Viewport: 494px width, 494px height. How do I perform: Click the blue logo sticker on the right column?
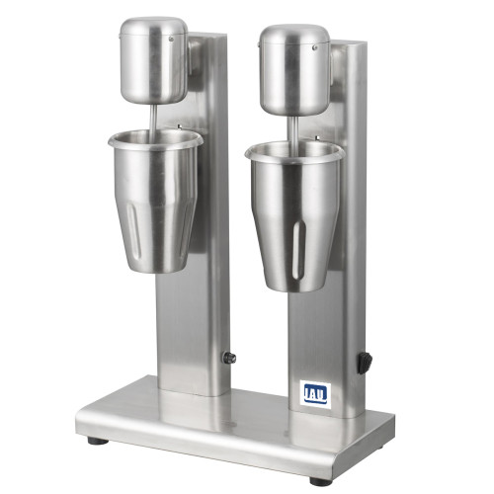coord(315,394)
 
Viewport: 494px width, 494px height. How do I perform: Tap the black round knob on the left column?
coord(229,358)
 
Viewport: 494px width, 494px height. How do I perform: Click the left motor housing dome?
coord(154,60)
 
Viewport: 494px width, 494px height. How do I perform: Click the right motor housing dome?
coord(294,70)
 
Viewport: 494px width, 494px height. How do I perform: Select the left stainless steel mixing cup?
coord(155,201)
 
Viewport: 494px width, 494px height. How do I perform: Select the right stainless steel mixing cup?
coord(294,215)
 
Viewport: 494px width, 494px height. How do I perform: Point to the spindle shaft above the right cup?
coord(293,131)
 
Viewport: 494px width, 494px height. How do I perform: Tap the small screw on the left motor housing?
coord(171,39)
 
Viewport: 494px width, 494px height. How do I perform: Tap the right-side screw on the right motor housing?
coord(315,47)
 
